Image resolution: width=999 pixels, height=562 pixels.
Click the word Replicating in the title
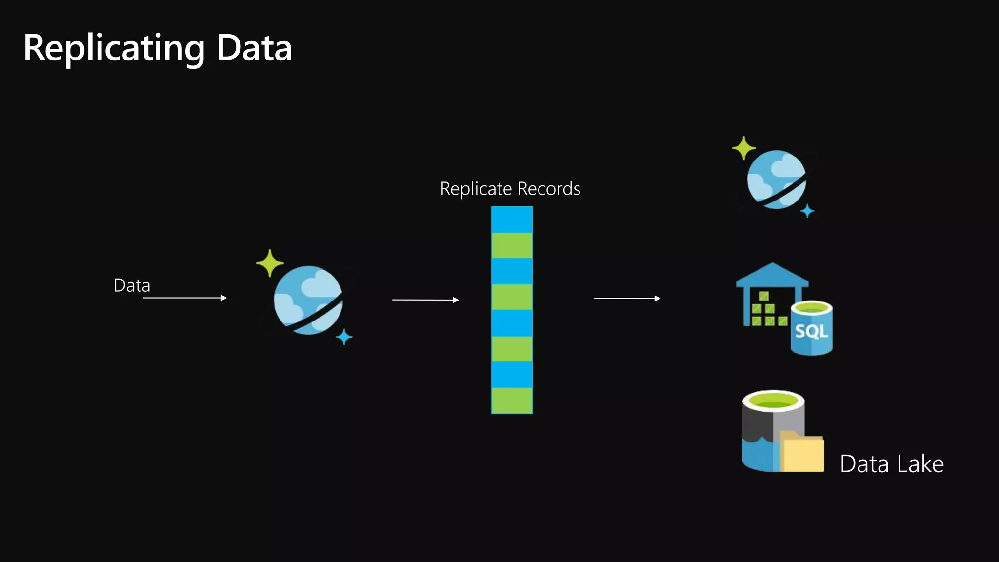(x=114, y=49)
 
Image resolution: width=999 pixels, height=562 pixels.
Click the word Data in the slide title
(x=254, y=49)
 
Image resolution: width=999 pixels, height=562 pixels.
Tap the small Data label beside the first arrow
(x=132, y=285)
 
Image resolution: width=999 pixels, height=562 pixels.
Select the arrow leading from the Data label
(x=185, y=298)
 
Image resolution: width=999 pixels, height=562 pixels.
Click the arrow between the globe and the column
(x=425, y=300)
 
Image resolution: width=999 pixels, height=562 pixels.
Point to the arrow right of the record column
(x=627, y=298)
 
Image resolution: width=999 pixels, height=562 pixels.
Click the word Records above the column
(x=549, y=189)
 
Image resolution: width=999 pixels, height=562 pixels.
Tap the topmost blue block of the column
(x=512, y=220)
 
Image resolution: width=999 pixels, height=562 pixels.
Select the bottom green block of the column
(x=512, y=401)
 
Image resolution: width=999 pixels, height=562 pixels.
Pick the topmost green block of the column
(x=512, y=245)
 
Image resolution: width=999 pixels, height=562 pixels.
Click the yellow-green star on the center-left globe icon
(x=269, y=263)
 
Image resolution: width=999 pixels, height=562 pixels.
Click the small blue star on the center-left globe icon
(x=344, y=337)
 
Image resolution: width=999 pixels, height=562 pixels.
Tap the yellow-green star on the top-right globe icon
(x=743, y=148)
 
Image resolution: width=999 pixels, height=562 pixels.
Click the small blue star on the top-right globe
(x=807, y=211)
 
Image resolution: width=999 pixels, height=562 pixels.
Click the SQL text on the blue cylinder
(x=811, y=332)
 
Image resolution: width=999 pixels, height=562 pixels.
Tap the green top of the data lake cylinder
(x=773, y=401)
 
